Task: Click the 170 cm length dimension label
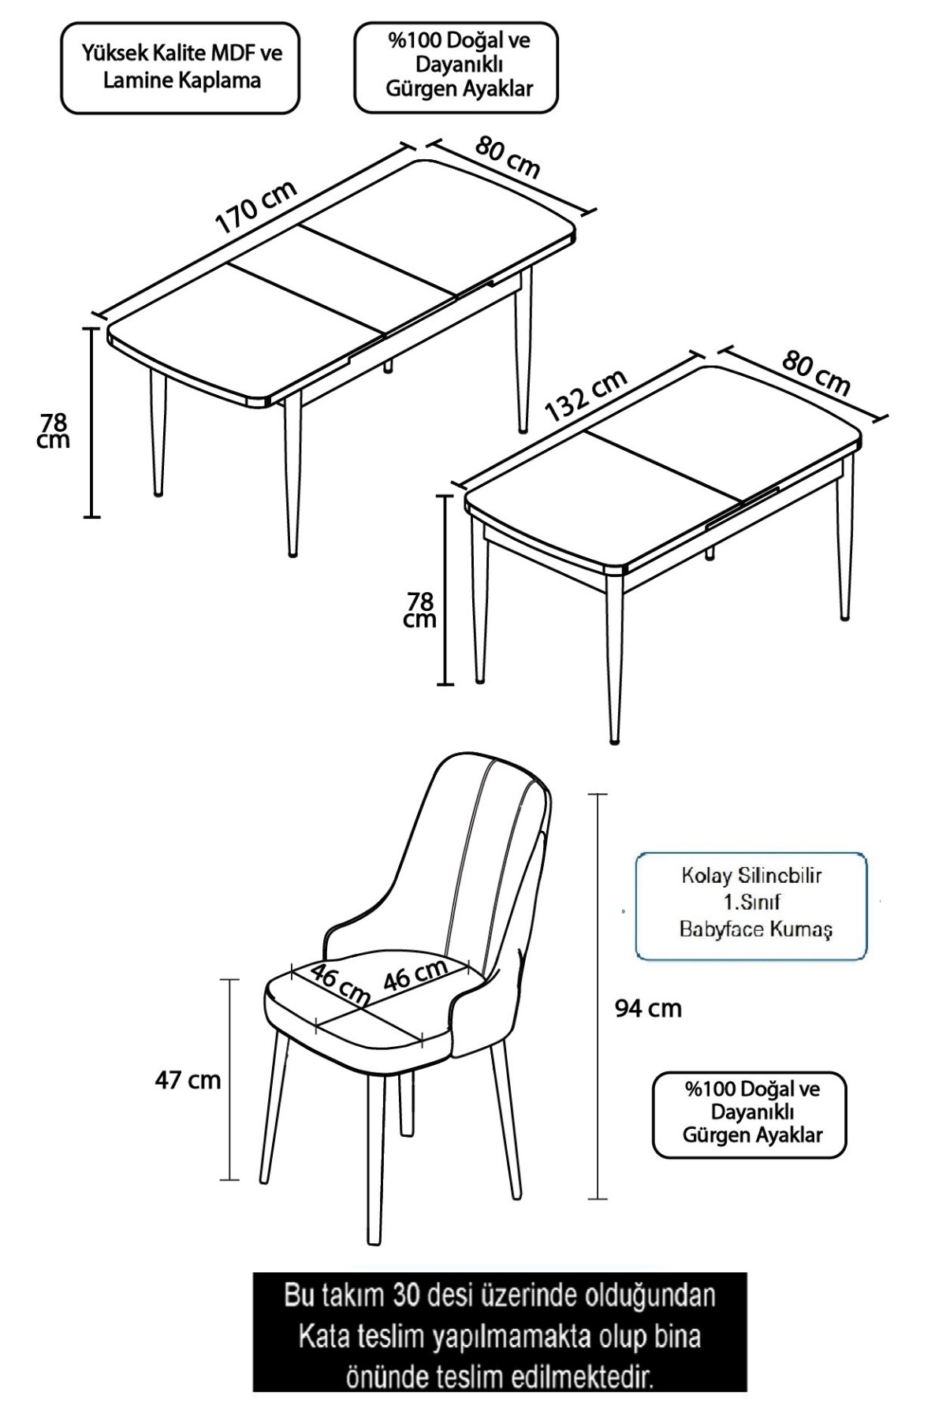point(257,207)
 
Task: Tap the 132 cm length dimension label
point(586,395)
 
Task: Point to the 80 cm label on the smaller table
point(817,372)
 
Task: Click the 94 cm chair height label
point(648,1008)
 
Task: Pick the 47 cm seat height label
point(188,1079)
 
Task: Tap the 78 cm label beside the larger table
point(54,430)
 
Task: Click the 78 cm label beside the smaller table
point(419,609)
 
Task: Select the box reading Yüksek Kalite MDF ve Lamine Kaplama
point(181,68)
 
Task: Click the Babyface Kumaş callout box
point(751,906)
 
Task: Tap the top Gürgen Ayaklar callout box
point(456,67)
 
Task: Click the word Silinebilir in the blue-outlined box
point(780,876)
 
